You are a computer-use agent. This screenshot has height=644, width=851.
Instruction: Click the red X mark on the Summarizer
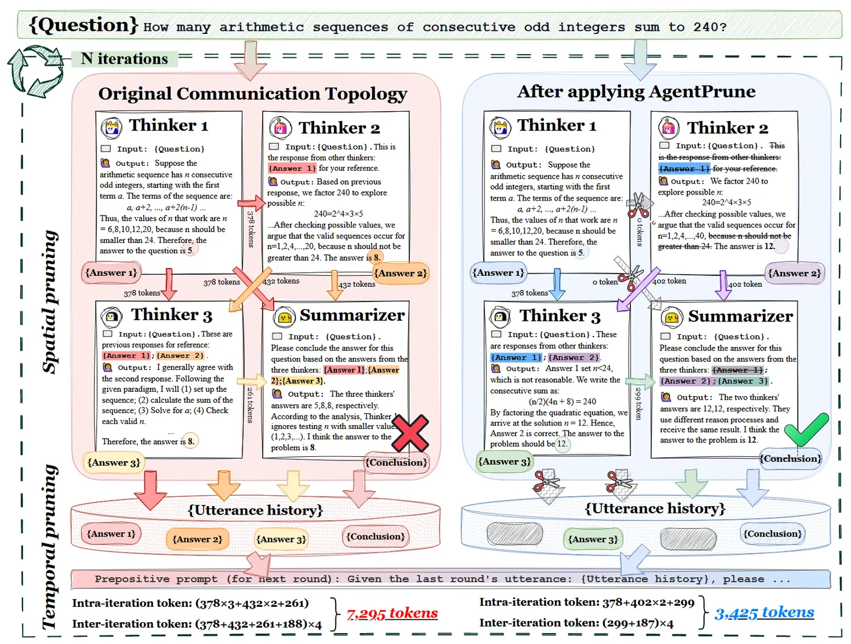pos(410,433)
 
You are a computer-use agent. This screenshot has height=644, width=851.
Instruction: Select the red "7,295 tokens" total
pos(392,613)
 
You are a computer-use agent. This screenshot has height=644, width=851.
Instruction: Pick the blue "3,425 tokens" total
pos(764,612)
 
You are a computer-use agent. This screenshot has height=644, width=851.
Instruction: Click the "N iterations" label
pos(124,59)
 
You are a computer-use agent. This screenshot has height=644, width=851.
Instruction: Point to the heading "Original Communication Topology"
pos(252,94)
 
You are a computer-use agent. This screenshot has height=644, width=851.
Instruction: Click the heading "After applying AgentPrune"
pos(636,92)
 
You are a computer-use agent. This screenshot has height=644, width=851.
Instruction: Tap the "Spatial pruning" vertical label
pos(49,301)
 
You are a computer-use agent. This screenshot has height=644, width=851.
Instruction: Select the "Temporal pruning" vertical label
pos(49,547)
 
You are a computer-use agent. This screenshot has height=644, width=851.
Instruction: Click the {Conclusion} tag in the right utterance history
pos(773,534)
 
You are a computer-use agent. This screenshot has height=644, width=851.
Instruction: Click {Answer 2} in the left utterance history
pos(197,539)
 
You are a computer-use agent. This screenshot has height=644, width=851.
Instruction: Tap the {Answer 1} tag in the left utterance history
pos(111,534)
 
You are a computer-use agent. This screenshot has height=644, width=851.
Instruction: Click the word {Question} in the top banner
pos(84,25)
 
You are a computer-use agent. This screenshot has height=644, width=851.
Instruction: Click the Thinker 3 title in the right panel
pos(559,316)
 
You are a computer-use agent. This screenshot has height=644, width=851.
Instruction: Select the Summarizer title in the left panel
pos(352,315)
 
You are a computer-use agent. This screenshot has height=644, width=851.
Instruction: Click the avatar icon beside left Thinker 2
pos(280,128)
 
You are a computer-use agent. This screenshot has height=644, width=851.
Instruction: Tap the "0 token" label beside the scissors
pos(605,282)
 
